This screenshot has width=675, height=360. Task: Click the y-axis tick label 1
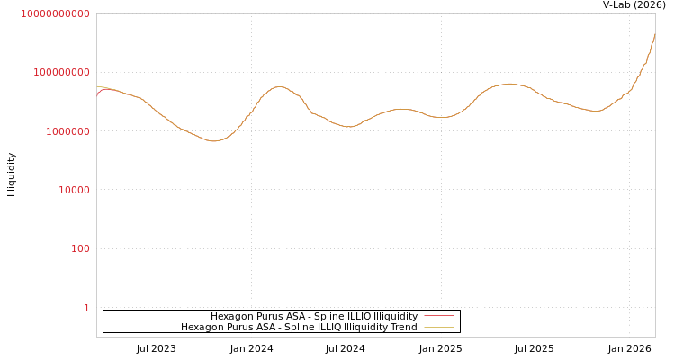click(86, 308)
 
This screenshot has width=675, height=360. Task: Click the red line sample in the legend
click(438, 317)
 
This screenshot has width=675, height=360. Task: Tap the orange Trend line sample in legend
click(438, 328)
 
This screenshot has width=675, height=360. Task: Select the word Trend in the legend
click(402, 328)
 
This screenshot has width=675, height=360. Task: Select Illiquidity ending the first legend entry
click(395, 317)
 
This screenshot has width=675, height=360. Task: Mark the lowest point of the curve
click(213, 141)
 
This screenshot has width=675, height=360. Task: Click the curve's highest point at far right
click(654, 34)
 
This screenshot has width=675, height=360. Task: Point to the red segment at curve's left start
click(98, 92)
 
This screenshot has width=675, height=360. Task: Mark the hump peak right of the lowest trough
click(279, 87)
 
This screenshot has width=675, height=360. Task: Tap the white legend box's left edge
click(104, 321)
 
